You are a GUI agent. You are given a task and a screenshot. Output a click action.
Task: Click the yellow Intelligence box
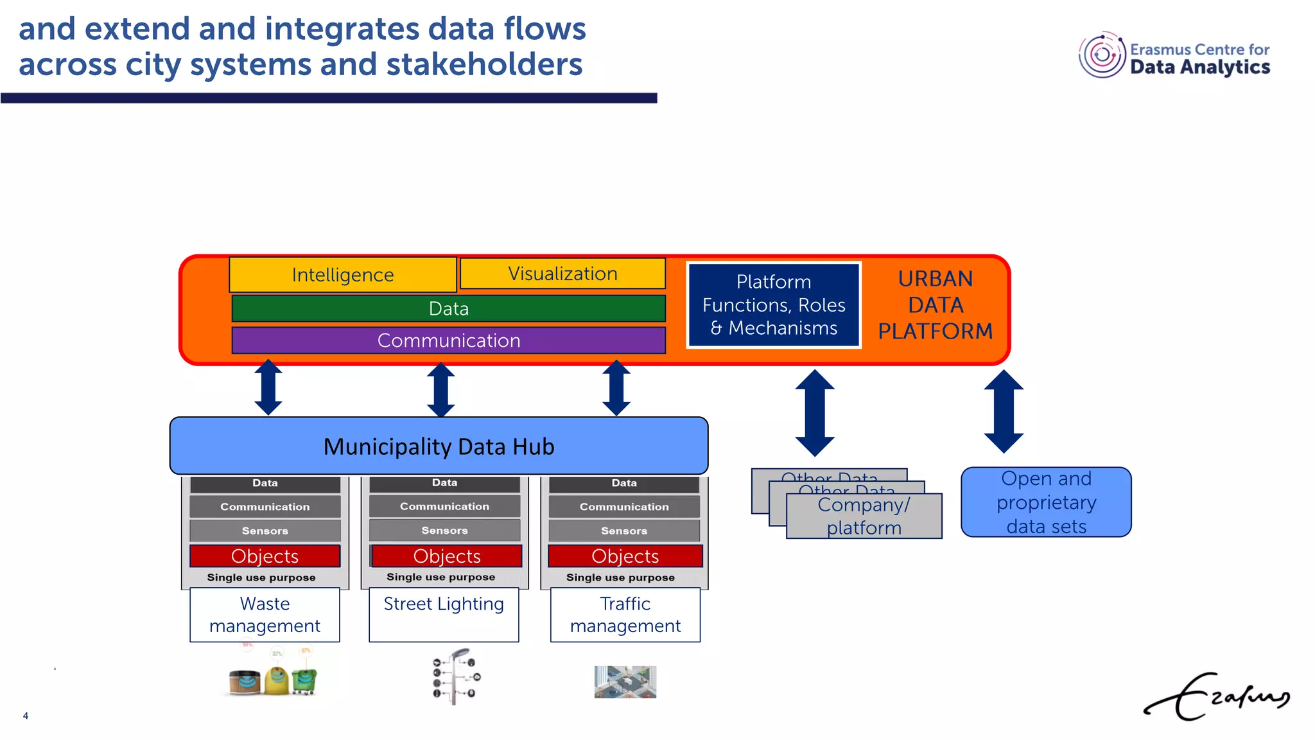tap(342, 275)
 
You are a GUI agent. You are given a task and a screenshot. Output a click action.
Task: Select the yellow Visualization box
tap(562, 274)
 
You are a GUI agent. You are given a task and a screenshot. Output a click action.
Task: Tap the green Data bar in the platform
tap(448, 309)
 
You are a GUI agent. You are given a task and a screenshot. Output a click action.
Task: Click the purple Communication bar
tap(448, 340)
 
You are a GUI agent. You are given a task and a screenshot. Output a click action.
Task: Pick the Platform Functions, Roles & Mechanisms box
tap(774, 305)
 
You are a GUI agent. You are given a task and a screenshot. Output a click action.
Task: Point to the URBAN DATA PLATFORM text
tap(935, 305)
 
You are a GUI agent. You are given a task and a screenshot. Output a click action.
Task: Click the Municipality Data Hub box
tap(439, 446)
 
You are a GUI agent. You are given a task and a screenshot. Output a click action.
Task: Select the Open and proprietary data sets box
tap(1046, 502)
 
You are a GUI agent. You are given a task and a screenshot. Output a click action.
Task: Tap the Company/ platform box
tap(864, 516)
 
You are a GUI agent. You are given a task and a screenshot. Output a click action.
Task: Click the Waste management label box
tap(265, 615)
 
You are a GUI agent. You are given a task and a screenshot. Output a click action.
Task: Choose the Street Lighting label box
tap(444, 615)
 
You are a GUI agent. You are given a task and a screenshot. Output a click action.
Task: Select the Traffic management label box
tap(625, 615)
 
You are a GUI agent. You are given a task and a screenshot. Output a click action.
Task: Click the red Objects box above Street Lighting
tap(447, 556)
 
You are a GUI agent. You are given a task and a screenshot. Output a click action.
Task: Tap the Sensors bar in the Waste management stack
tap(265, 531)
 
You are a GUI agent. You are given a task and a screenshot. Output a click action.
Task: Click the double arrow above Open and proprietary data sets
tap(1004, 411)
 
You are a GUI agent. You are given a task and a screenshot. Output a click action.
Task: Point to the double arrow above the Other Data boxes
tap(815, 413)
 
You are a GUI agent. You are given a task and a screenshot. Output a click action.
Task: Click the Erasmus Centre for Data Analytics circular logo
tap(1102, 55)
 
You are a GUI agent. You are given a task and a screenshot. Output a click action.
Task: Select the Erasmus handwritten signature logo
tap(1217, 697)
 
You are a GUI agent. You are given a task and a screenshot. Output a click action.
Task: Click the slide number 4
tap(26, 716)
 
